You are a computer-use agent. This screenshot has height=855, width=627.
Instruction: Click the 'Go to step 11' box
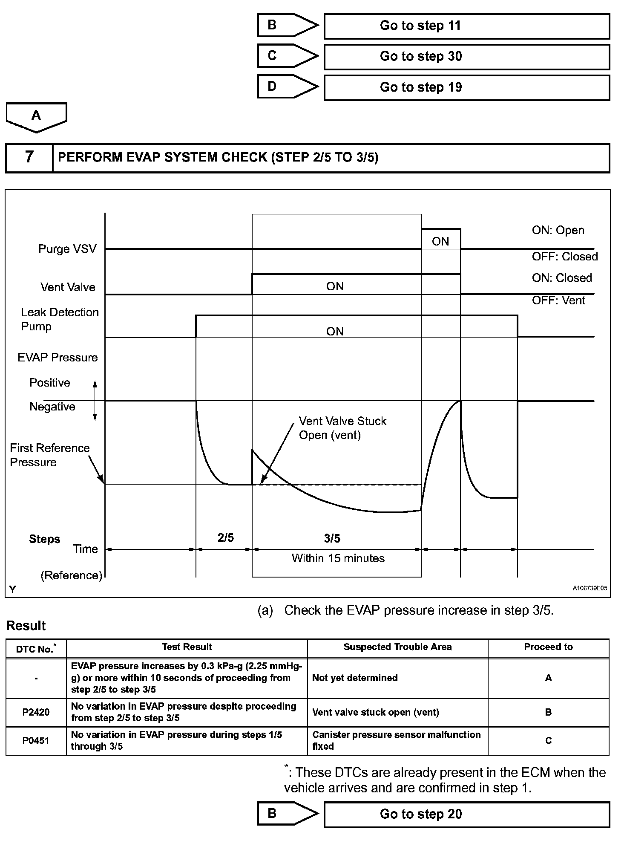[x=466, y=26]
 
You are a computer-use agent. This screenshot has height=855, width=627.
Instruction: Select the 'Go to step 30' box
[x=466, y=57]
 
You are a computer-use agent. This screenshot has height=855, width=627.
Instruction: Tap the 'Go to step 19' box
[x=466, y=88]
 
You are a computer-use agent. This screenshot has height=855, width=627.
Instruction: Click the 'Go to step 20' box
[x=466, y=815]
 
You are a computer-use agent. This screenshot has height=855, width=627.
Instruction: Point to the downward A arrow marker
[x=36, y=116]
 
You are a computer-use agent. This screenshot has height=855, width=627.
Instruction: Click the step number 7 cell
[x=29, y=158]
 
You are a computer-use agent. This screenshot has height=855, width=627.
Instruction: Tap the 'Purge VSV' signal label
[x=67, y=249]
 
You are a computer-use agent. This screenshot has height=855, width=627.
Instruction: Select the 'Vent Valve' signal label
[x=68, y=287]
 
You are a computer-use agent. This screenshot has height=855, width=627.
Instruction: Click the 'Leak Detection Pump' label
[x=60, y=319]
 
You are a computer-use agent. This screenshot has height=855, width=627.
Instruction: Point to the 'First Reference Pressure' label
[x=49, y=455]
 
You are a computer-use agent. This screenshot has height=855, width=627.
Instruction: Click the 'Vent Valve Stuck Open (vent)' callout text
[x=342, y=428]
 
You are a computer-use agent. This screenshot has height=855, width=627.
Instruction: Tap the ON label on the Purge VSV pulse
[x=440, y=242]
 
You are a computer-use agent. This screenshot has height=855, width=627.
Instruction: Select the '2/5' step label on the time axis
[x=225, y=538]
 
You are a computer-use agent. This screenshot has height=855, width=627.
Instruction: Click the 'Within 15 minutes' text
[x=338, y=558]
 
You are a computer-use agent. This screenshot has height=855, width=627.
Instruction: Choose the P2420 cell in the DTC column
[x=36, y=712]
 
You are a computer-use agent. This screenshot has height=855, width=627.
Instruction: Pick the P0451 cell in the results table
[x=36, y=741]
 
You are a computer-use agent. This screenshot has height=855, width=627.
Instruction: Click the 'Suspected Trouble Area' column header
[x=397, y=647]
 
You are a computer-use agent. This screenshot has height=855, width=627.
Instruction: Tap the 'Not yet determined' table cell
[x=355, y=678]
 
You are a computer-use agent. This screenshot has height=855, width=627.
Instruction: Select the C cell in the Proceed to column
[x=548, y=741]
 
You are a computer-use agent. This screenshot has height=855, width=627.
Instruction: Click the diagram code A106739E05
[x=590, y=589]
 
